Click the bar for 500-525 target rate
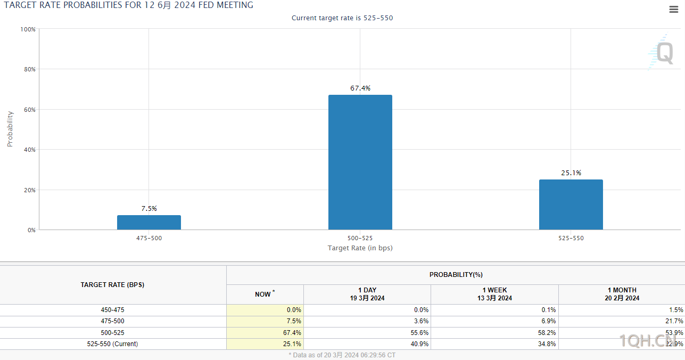[x=360, y=162]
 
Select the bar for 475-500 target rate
[x=149, y=223]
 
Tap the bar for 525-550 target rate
[x=571, y=204]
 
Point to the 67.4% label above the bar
[x=360, y=88]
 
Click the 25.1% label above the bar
[x=571, y=173]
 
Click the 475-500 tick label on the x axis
[x=149, y=238]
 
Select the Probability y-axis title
[x=10, y=129]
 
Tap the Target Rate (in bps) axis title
[x=360, y=248]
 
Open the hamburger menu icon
[x=673, y=9]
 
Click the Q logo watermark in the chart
[x=663, y=53]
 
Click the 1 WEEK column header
[x=494, y=294]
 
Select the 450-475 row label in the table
[x=112, y=310]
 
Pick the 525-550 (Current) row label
[x=112, y=344]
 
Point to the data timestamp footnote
[x=342, y=355]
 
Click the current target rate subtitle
[x=342, y=18]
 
